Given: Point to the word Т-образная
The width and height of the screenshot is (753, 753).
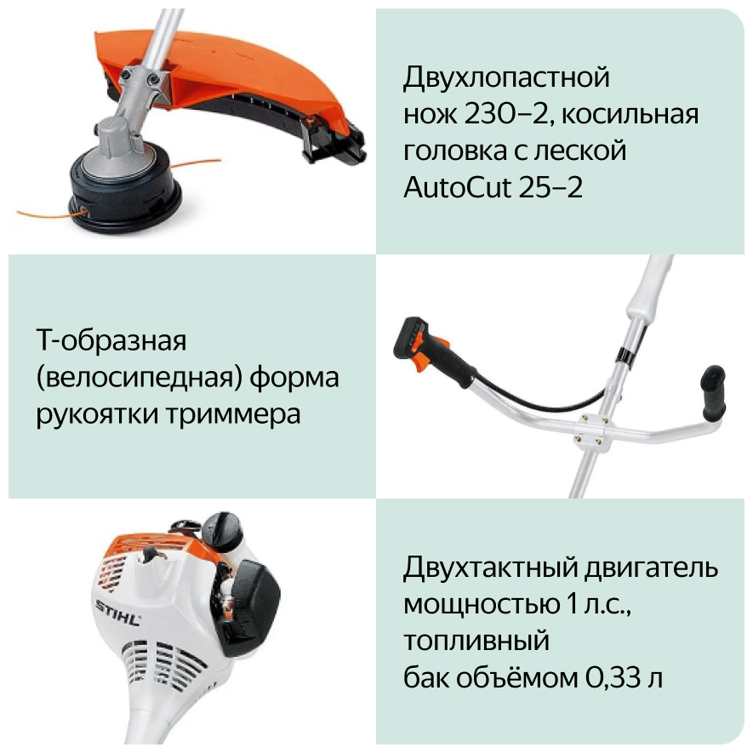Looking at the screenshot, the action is (111, 340).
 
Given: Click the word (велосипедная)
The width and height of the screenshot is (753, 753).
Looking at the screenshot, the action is (140, 379).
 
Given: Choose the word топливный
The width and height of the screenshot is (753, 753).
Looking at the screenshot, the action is (476, 642).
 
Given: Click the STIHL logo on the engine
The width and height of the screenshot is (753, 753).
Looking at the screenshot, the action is (118, 613).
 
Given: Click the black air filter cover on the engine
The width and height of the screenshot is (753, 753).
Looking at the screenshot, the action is (251, 607).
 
